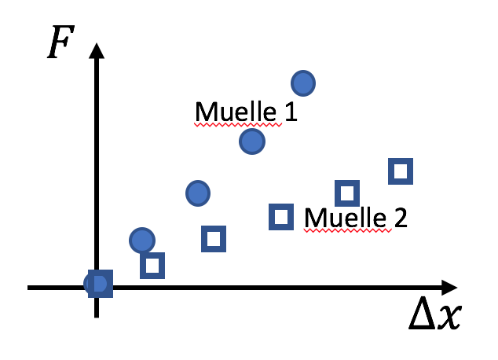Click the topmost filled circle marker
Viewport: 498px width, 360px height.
pyautogui.click(x=303, y=83)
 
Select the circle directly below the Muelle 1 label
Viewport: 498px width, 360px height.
pyautogui.click(x=252, y=141)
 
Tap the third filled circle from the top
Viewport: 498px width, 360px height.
pyautogui.click(x=198, y=193)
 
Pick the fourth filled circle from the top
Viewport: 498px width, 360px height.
pyautogui.click(x=142, y=241)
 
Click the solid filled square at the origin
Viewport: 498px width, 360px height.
pyautogui.click(x=101, y=284)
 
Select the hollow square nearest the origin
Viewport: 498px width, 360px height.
pyautogui.click(x=152, y=266)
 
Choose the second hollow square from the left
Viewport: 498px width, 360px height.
pyautogui.click(x=214, y=239)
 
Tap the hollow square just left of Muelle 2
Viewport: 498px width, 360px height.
pyautogui.click(x=281, y=217)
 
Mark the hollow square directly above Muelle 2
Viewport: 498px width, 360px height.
pyautogui.click(x=347, y=193)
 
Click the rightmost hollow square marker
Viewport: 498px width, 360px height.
pyautogui.click(x=401, y=171)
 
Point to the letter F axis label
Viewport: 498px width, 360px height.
pyautogui.click(x=60, y=42)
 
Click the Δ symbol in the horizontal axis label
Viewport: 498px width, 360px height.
pyautogui.click(x=422, y=313)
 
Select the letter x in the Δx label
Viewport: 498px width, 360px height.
pyautogui.click(x=449, y=317)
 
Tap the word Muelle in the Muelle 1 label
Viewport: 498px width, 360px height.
pyautogui.click(x=236, y=112)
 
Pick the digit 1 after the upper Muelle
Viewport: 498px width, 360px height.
pyautogui.click(x=291, y=112)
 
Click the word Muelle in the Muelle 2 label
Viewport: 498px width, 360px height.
pyautogui.click(x=346, y=218)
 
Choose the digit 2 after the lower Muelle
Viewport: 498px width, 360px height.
pyautogui.click(x=401, y=217)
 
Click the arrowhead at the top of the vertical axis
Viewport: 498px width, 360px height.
pyautogui.click(x=97, y=51)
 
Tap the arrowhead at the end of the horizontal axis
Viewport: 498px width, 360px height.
pyautogui.click(x=449, y=288)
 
